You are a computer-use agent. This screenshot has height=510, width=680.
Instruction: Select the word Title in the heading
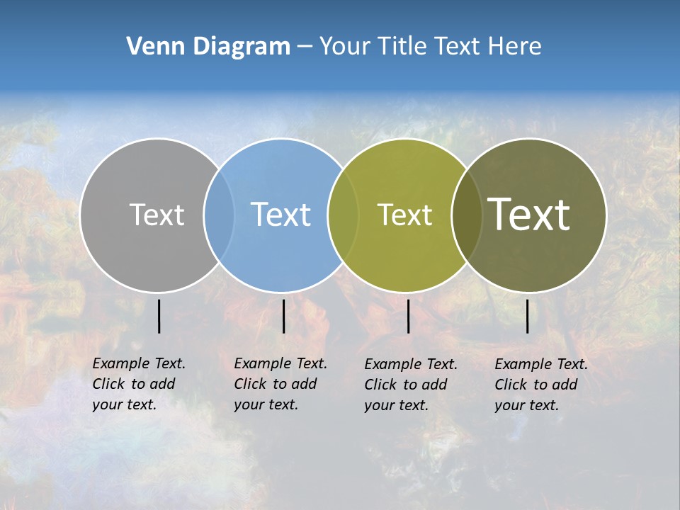coord(406,47)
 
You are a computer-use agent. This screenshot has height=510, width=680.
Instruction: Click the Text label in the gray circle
coord(157,215)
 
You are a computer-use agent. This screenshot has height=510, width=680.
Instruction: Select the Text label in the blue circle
coord(280,215)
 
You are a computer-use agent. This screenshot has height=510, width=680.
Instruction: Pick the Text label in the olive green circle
coord(404,215)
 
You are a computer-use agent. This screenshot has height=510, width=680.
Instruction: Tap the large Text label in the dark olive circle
coord(529,215)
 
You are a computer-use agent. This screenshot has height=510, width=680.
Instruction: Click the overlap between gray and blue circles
coord(219,215)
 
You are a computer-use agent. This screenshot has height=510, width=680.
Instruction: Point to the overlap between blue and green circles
coord(342,215)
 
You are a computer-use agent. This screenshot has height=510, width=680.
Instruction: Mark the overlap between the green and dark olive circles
coord(466,215)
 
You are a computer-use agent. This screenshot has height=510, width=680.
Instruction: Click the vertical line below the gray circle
coord(159,316)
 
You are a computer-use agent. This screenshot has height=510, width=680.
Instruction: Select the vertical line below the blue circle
coord(283,316)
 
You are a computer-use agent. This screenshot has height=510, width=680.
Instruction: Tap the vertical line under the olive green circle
coord(408,316)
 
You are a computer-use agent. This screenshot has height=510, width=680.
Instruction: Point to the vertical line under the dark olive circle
coord(528,316)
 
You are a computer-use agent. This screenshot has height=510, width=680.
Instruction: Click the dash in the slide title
coord(305,47)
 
